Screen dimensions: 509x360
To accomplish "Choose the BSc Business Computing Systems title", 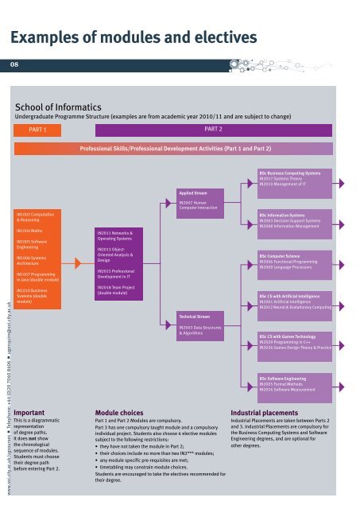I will coord(289,173).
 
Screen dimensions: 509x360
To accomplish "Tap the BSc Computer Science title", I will coord(281,255).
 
